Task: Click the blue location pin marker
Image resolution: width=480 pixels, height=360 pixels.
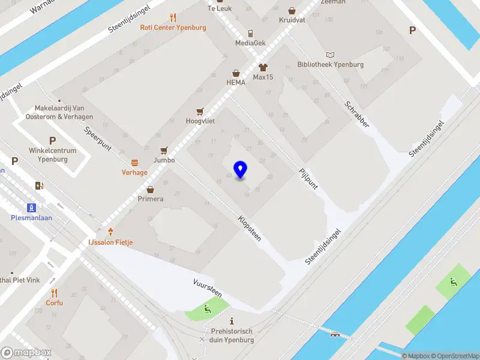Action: point(241,169)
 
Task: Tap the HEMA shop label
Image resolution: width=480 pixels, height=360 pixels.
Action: point(236,82)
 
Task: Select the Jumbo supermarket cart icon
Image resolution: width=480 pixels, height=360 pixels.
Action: point(164,151)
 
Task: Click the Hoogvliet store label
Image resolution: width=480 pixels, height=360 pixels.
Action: point(200,121)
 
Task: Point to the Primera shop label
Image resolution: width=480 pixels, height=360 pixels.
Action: point(151,199)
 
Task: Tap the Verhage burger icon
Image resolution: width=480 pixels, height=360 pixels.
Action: point(135,163)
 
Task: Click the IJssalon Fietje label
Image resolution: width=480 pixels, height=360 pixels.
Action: point(111,242)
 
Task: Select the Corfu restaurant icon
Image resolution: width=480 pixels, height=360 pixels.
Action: point(55,293)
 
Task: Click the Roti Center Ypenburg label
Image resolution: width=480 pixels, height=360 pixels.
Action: point(173,28)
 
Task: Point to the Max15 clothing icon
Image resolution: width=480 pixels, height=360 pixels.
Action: point(262,67)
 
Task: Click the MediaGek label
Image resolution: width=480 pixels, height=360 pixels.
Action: point(250,43)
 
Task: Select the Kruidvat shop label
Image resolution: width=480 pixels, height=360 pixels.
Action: point(292,20)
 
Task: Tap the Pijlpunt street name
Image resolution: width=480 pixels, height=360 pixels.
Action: point(308,179)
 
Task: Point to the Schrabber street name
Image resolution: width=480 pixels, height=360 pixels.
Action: point(356,113)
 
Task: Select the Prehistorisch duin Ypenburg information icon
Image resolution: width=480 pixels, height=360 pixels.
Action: point(232,322)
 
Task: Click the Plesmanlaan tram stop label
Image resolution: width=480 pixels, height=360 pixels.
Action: point(31,218)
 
